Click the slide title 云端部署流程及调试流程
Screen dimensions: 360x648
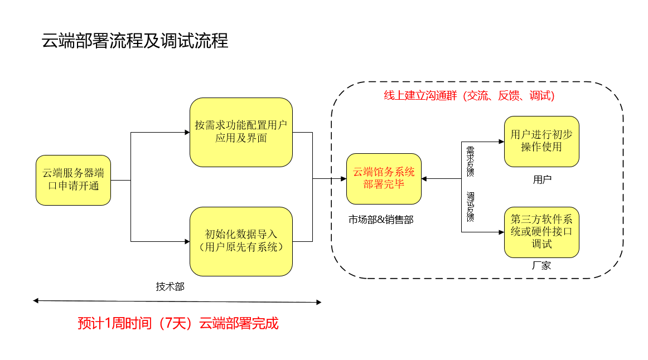[x=135, y=41]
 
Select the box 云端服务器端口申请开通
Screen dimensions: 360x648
[x=74, y=180]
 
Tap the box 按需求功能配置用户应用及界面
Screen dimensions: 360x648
[x=241, y=132]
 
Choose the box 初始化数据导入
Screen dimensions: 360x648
[x=241, y=241]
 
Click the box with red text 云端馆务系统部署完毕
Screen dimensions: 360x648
[x=384, y=178]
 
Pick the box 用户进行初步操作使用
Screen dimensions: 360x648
[x=541, y=142]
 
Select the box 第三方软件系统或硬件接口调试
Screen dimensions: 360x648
[x=541, y=232]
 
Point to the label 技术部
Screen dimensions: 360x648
[x=170, y=287]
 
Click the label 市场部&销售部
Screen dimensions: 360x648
[x=381, y=220]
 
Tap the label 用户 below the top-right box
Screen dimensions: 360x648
[x=542, y=179]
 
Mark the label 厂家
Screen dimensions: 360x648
[x=541, y=266]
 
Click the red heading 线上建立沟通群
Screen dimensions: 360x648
[x=469, y=96]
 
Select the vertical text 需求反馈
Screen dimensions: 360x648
[x=470, y=161]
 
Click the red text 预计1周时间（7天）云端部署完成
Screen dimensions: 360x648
[x=178, y=323]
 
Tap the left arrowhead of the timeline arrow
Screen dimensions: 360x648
[x=36, y=301]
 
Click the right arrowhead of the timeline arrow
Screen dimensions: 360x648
[x=318, y=303]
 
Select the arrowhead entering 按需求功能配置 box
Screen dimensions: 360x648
[x=187, y=133]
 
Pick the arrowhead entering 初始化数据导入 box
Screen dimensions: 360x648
[x=187, y=241]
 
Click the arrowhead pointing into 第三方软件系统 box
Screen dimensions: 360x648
[x=501, y=232]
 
